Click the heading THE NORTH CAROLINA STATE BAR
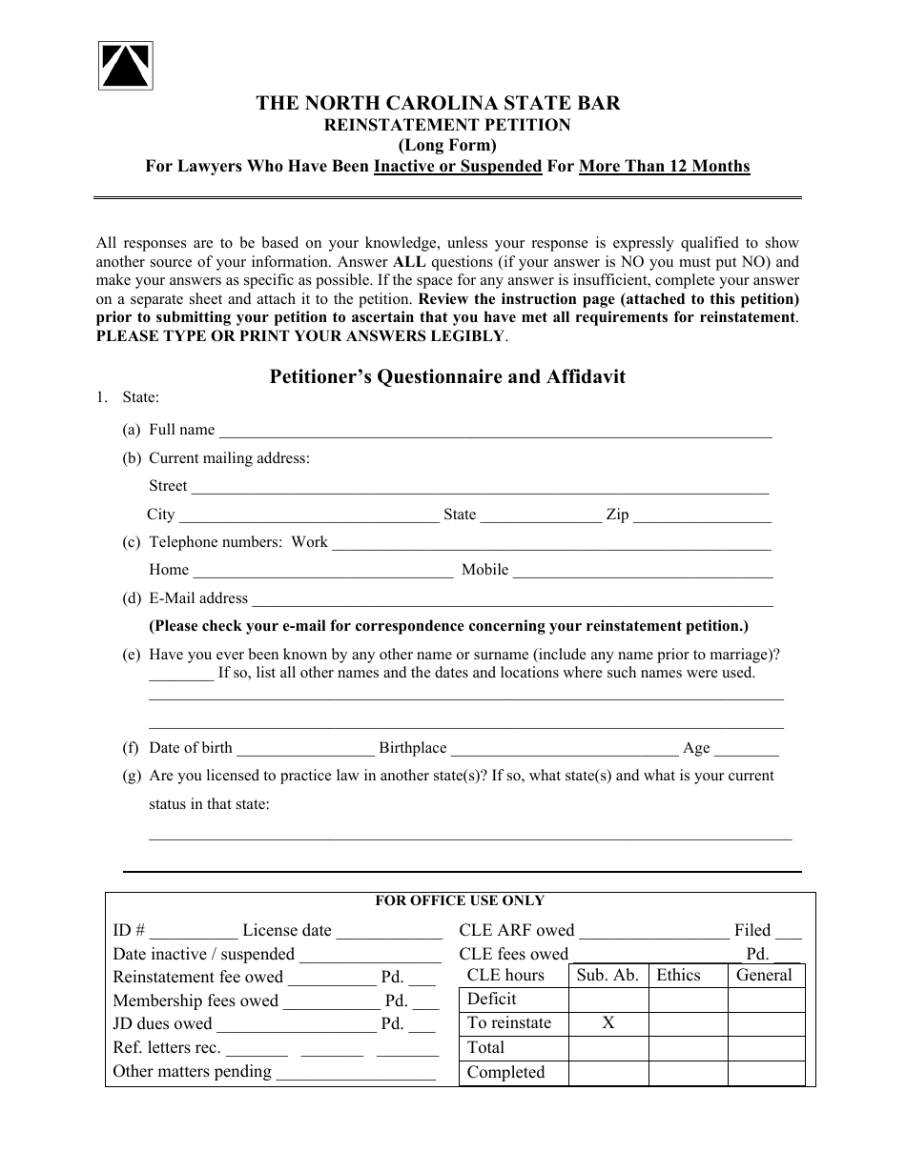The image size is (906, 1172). (x=438, y=104)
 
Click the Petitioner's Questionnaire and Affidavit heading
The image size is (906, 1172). (x=447, y=376)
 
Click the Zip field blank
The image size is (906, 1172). (x=702, y=515)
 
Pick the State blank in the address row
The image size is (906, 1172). (x=540, y=515)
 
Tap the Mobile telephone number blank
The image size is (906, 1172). (x=643, y=571)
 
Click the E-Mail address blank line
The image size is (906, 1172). (x=512, y=599)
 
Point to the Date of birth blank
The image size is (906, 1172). (x=305, y=749)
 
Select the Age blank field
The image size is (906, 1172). (x=746, y=749)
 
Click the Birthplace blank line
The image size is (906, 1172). (x=564, y=749)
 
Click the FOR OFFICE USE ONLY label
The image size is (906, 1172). (x=460, y=900)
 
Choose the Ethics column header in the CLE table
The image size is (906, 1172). (x=678, y=976)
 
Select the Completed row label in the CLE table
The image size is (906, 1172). (x=505, y=1073)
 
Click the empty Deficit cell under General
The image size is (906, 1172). (x=766, y=1000)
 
